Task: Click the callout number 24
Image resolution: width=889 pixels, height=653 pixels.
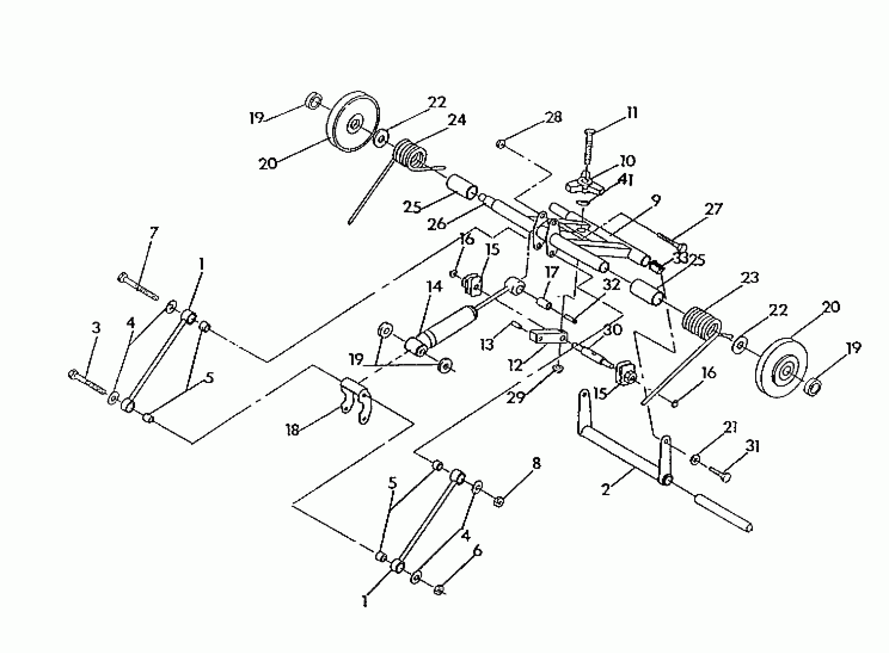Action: click(x=456, y=120)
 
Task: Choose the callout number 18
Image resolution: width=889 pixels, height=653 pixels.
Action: click(x=292, y=430)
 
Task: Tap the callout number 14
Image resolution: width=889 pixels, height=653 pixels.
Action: click(x=435, y=287)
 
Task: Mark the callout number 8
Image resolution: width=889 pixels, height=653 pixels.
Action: click(x=536, y=464)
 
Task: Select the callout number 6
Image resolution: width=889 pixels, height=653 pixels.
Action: click(x=478, y=550)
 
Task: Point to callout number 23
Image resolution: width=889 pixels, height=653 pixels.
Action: click(x=749, y=278)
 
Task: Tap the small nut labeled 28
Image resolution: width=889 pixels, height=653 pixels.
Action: click(x=500, y=144)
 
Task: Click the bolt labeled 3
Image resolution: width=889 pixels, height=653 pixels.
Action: click(x=87, y=381)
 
